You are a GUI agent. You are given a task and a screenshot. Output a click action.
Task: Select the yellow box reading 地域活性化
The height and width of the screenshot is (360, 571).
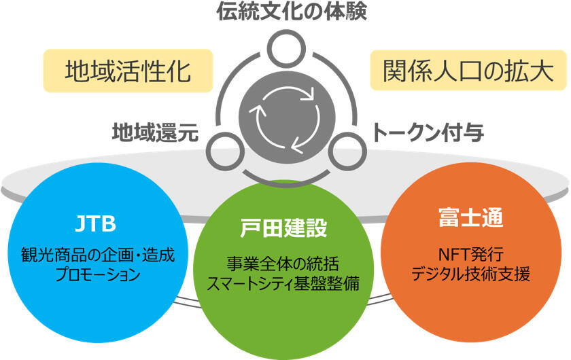click(x=128, y=71)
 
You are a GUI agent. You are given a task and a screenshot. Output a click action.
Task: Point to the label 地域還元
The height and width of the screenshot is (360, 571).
click(x=155, y=132)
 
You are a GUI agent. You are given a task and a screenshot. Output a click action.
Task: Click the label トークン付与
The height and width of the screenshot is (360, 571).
click(x=428, y=132)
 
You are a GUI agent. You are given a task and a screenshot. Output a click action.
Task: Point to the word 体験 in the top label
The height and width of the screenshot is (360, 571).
click(x=347, y=12)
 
